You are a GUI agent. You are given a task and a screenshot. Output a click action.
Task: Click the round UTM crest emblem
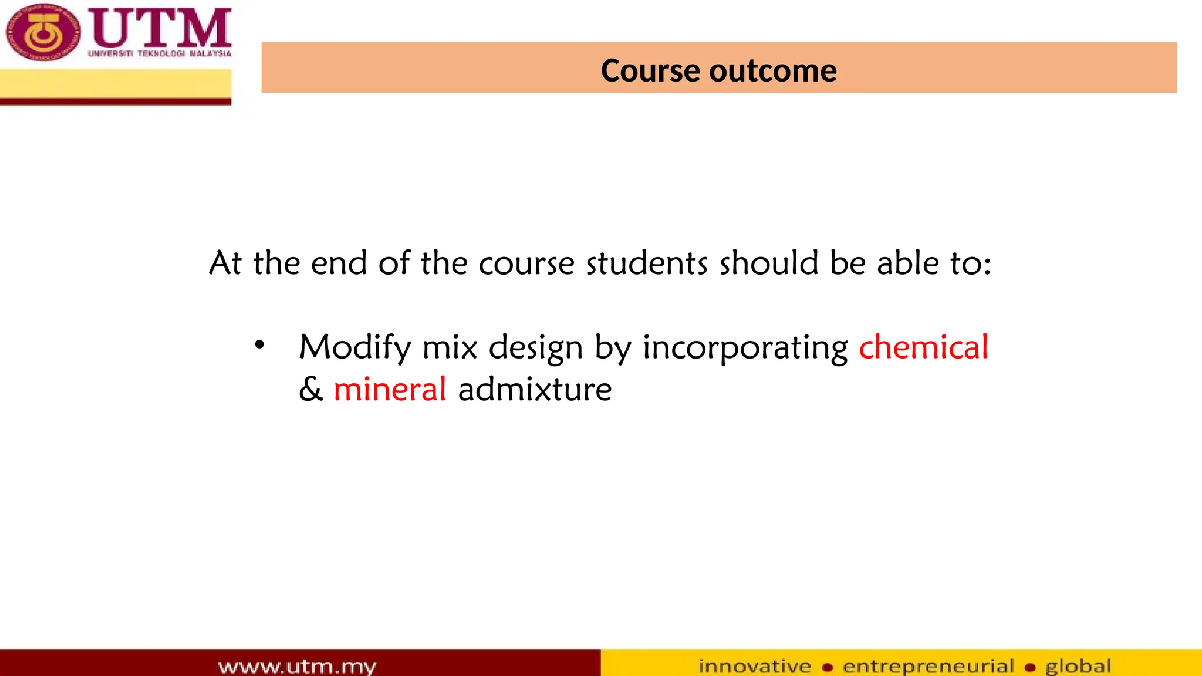click(42, 32)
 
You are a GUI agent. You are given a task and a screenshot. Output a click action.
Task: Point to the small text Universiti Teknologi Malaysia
click(160, 53)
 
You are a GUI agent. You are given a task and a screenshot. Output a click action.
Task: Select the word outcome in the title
click(773, 71)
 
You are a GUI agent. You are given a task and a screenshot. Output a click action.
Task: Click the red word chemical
click(923, 347)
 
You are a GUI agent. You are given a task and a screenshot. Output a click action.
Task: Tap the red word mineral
click(390, 389)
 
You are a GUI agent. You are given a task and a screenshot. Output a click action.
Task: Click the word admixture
click(535, 389)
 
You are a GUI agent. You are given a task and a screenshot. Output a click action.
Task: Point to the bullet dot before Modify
click(259, 345)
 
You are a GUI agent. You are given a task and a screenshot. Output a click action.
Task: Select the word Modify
click(354, 347)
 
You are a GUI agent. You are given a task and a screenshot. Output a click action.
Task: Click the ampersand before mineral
click(310, 389)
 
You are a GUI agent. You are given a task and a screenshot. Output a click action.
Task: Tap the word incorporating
click(745, 347)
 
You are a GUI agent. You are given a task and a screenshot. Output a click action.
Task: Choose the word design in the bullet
click(535, 347)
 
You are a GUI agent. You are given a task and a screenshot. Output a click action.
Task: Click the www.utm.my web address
click(297, 666)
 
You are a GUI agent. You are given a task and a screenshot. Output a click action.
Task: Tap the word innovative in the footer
click(755, 666)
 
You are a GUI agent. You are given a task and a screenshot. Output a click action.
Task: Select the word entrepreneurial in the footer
click(928, 666)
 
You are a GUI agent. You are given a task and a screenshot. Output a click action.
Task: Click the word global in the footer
click(1078, 666)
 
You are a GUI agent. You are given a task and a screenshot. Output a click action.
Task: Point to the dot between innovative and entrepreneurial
click(828, 667)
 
